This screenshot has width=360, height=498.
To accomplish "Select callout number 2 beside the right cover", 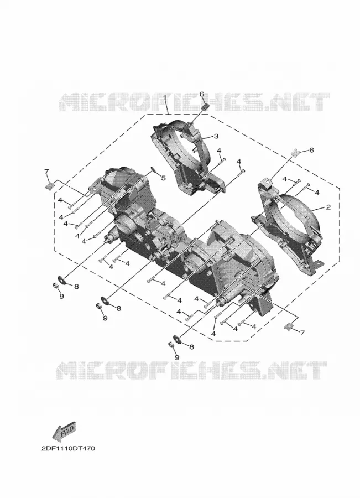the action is pos(328,207).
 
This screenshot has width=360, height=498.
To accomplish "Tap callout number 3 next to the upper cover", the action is pos(216,136).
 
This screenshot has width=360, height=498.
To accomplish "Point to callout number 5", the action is pos(163,178).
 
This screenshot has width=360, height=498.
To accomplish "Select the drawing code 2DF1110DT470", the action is pos(68,448).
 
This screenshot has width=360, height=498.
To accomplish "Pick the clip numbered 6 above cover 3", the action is pos(205,106).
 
